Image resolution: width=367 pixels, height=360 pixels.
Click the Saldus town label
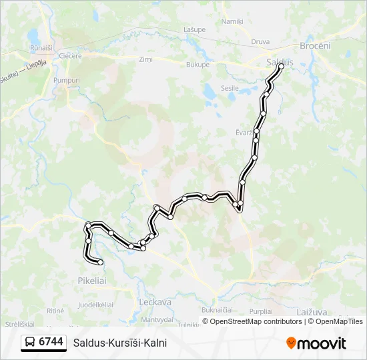(x=280, y=62)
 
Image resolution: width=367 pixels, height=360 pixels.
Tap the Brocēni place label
(x=315, y=45)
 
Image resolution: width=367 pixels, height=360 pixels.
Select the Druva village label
(x=260, y=41)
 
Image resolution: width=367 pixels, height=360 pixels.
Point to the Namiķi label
(x=232, y=21)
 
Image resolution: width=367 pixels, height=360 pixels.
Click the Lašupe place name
(x=194, y=29)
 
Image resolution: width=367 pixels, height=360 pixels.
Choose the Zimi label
(x=145, y=59)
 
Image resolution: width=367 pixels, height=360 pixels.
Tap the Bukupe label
(x=198, y=65)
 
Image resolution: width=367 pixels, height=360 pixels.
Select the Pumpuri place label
(x=66, y=80)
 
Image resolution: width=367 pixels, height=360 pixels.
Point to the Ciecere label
(x=70, y=56)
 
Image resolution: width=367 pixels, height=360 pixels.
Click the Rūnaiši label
(x=41, y=48)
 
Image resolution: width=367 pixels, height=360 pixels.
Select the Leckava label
(x=155, y=301)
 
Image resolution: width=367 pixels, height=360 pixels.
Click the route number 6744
(x=51, y=342)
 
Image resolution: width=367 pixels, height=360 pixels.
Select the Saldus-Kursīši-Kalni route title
(x=120, y=343)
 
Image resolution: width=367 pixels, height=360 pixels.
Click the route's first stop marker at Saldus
(x=281, y=66)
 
